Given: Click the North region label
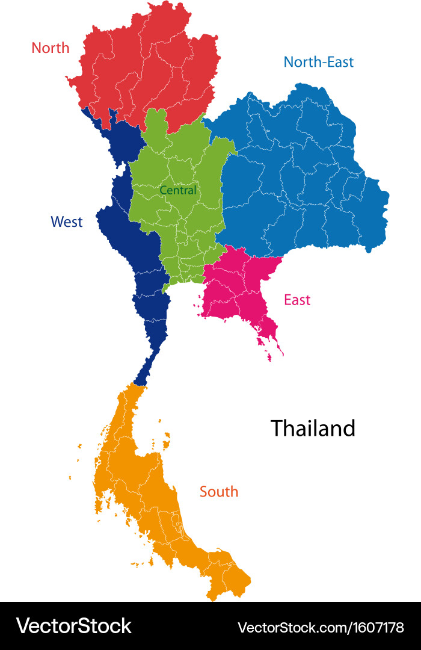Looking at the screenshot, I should [51, 48].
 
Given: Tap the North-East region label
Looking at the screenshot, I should [318, 61].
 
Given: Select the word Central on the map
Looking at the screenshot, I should [178, 190].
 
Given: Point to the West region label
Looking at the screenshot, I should [67, 221].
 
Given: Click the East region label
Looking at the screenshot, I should [297, 299].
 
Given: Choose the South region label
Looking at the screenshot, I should [219, 492].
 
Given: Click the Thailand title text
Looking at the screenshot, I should [313, 428].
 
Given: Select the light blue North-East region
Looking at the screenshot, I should [301, 181].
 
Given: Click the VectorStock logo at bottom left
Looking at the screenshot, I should [73, 626].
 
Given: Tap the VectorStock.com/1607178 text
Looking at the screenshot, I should [321, 627].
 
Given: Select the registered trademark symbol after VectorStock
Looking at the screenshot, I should [135, 618].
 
